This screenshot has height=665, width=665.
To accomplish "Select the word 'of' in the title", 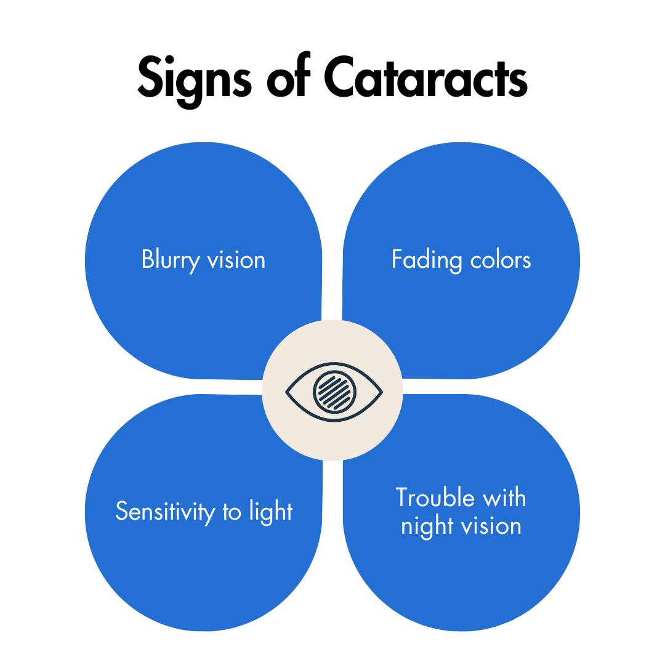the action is (288, 75).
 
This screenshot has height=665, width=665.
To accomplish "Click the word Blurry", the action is (171, 260).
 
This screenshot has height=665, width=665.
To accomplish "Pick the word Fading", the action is (427, 260).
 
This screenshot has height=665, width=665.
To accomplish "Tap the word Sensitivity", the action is (166, 512).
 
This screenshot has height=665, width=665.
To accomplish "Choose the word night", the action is (427, 526).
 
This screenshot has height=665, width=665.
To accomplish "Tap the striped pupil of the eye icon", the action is (334, 392).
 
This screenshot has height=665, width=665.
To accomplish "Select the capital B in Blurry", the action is (148, 259).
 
